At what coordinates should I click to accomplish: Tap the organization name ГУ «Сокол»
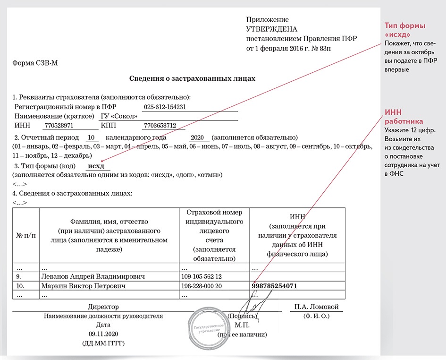click(119, 116)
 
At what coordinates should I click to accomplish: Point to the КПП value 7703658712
click(160, 126)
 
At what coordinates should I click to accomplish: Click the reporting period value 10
click(92, 137)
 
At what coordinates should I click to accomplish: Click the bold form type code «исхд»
click(96, 166)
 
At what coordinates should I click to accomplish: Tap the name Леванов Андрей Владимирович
click(93, 276)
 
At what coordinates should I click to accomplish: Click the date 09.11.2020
click(103, 334)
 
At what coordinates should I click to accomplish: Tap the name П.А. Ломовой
click(316, 307)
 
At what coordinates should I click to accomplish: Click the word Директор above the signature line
click(103, 307)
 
